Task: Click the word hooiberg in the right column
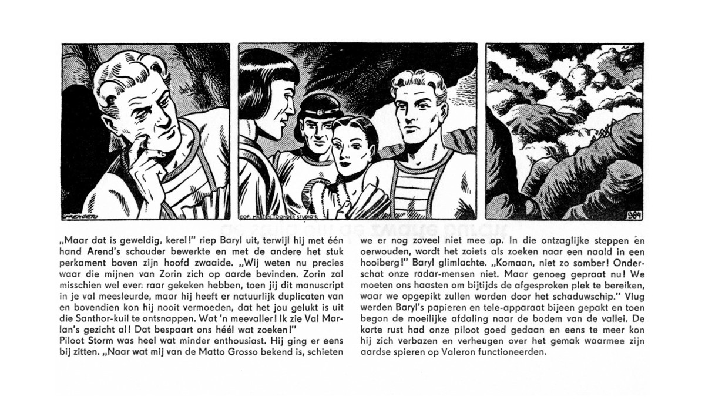coord(378,263)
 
